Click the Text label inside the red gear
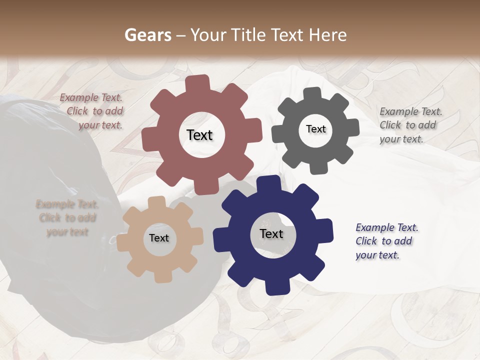tap(199, 135)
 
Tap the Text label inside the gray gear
tap(315, 129)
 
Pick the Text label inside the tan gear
tap(159, 238)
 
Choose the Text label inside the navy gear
tap(271, 234)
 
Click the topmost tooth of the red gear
tap(200, 82)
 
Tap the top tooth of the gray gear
tap(313, 94)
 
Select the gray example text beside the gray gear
tap(410, 125)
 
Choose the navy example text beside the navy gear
tap(386, 241)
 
